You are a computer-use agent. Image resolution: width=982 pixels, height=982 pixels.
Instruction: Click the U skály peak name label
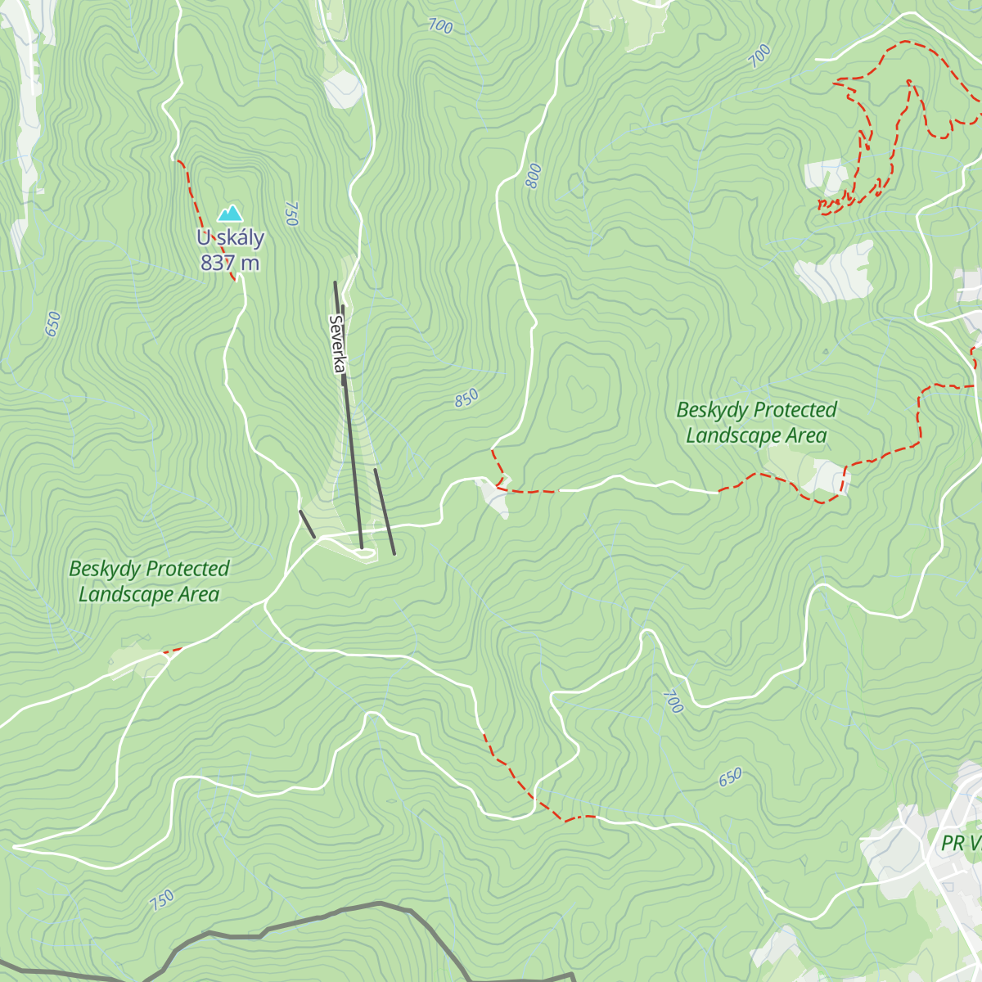coord(230,238)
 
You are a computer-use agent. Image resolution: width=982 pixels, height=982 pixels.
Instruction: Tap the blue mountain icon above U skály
coord(230,214)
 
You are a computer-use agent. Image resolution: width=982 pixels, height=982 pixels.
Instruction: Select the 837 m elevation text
coord(230,263)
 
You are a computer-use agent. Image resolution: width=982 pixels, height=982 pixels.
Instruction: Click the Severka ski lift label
coord(336,345)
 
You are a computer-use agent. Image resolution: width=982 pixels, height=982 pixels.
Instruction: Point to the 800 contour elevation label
coord(534,176)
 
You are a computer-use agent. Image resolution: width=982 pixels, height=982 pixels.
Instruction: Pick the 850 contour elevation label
coord(466,399)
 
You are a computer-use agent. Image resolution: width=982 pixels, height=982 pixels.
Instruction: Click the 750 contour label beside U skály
coord(291,213)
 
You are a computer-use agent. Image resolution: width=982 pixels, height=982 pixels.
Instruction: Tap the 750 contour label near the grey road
coord(162,900)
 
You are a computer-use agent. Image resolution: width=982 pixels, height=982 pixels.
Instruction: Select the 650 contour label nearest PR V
coord(730,777)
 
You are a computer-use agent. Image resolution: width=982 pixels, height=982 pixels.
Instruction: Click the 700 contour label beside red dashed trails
coord(759,56)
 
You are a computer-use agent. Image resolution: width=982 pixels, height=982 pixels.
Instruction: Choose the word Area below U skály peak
coord(198,595)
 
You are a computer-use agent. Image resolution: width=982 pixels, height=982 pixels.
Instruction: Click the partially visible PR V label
coord(962,843)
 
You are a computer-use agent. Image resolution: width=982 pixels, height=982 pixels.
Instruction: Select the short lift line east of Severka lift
coord(385,511)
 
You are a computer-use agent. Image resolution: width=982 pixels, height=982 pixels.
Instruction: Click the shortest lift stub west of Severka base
coord(307,525)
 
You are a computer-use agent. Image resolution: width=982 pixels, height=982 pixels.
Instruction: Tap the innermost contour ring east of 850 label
coord(583,395)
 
